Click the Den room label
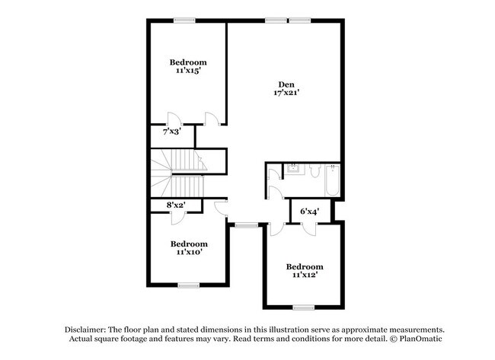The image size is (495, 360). (286, 84)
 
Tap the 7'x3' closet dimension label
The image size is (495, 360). (172, 132)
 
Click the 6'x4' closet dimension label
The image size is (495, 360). (309, 211)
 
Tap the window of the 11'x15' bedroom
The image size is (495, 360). (184, 21)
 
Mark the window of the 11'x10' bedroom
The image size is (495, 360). (188, 285)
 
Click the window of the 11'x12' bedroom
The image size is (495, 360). (304, 307)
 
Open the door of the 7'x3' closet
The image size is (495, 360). (173, 119)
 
